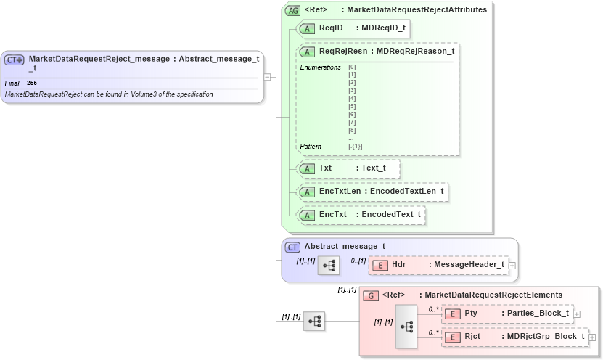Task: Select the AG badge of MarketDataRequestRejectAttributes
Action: click(293, 10)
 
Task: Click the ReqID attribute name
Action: click(330, 28)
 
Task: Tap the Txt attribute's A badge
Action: click(308, 168)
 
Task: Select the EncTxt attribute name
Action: click(332, 215)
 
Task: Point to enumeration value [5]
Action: click(352, 106)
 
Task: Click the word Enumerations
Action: click(320, 67)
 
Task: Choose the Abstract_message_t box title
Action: click(344, 247)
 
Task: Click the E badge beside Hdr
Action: click(380, 265)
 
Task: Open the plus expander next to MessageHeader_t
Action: click(512, 265)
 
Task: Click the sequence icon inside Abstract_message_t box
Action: click(329, 266)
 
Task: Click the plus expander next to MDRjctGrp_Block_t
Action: click(592, 337)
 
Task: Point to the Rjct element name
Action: click(473, 337)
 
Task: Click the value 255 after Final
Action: click(32, 83)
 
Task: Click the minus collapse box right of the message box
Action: click(267, 76)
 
